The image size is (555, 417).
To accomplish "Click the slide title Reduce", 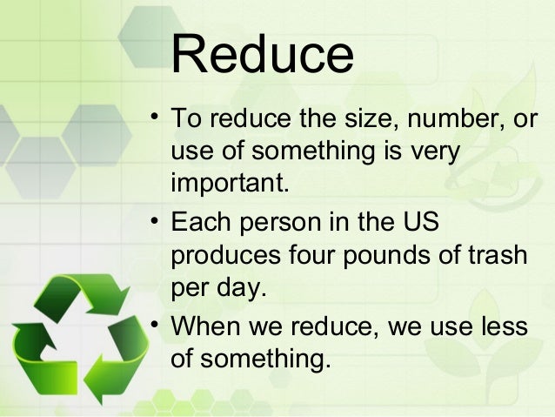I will [262, 57].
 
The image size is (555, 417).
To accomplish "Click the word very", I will [431, 151].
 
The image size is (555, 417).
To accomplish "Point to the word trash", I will [496, 256].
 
